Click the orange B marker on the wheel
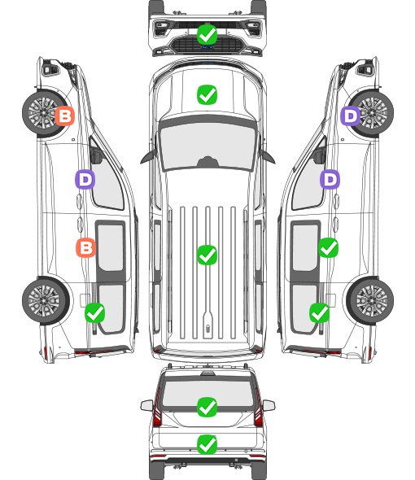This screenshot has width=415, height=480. tap(64, 116)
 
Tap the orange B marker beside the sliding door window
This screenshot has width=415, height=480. tap(85, 247)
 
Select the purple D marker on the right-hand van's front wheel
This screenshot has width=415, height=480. tap(351, 116)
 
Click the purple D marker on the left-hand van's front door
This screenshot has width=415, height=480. tap(85, 179)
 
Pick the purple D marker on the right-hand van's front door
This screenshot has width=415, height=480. tap(330, 179)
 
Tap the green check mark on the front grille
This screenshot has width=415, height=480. tap(207, 34)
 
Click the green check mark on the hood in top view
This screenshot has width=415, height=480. tap(207, 94)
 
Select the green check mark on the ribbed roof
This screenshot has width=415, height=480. tap(207, 255)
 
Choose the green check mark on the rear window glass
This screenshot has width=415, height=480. tap(207, 407)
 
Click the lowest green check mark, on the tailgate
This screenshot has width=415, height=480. tap(207, 444)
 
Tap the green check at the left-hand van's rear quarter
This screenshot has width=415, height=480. tap(94, 312)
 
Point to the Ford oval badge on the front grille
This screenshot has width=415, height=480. tap(207, 47)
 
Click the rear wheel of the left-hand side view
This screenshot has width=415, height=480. tap(46, 301)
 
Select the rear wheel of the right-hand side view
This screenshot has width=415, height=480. tap(370, 301)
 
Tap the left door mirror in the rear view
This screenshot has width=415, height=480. tap(147, 406)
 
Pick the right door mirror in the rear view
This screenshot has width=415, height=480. tap(269, 406)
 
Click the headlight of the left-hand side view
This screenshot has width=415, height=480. tap(50, 68)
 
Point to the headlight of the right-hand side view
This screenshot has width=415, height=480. tap(365, 68)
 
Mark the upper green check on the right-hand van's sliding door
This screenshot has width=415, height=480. tap(328, 247)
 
